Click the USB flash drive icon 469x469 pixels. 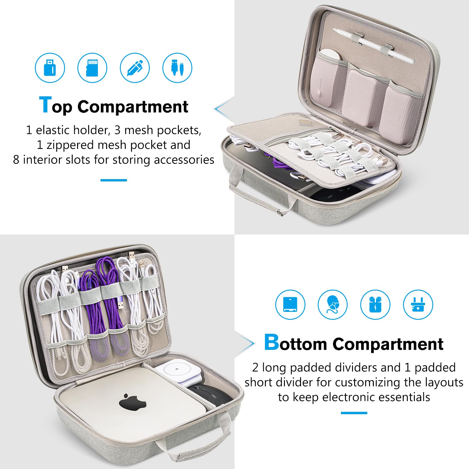click(50, 68)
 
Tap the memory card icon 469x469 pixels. click(92, 68)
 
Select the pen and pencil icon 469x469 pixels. click(135, 68)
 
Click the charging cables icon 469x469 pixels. click(177, 68)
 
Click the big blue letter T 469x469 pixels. click(45, 105)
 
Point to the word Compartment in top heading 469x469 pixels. click(132, 106)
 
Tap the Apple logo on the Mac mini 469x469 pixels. click(132, 402)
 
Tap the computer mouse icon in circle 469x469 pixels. click(333, 305)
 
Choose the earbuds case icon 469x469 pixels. click(375, 305)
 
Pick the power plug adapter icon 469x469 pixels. click(418, 305)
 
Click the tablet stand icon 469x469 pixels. click(290, 305)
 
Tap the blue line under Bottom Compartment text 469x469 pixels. click(354, 413)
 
